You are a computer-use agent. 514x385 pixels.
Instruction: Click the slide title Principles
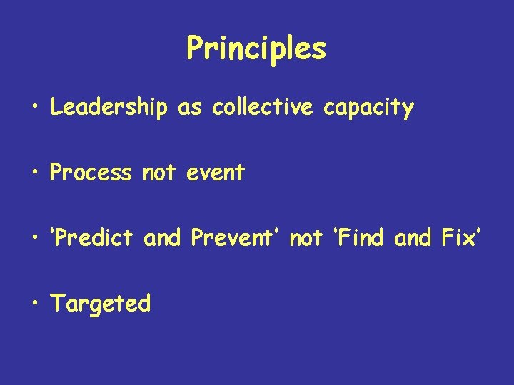tap(256, 49)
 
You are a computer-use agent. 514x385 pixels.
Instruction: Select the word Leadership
tap(109, 108)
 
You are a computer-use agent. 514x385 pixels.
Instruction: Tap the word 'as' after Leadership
tap(189, 108)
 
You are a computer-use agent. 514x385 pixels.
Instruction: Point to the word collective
tap(263, 108)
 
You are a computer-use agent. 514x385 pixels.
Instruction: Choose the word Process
tap(91, 173)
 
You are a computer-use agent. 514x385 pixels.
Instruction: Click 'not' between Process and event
tap(159, 173)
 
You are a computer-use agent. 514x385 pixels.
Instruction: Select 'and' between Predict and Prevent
tap(163, 238)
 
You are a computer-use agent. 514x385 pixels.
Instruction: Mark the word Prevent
tap(236, 238)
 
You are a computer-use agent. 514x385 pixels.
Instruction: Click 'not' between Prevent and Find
tap(306, 238)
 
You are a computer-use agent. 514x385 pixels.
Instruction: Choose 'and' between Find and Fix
tap(413, 238)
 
